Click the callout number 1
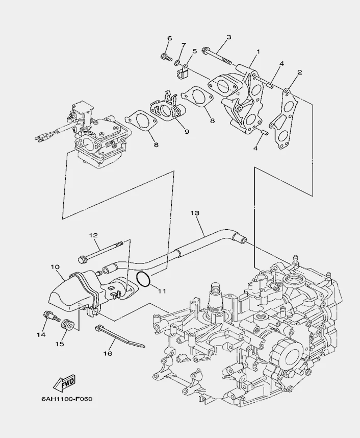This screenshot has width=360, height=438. pyautogui.click(x=258, y=52)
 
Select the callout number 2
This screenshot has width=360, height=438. pyautogui.click(x=300, y=72)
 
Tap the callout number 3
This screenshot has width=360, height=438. pyautogui.click(x=229, y=37)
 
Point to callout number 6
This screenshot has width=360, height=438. pyautogui.click(x=170, y=39)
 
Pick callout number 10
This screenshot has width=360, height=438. pyautogui.click(x=56, y=266)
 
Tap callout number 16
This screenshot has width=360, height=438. pyautogui.click(x=108, y=353)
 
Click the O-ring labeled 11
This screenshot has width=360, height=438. pyautogui.click(x=144, y=279)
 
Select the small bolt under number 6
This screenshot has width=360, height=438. pyautogui.click(x=166, y=57)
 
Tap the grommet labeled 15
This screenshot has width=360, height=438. pyautogui.click(x=65, y=325)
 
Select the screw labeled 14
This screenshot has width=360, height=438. pyautogui.click(x=49, y=317)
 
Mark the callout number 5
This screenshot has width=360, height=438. pyautogui.click(x=194, y=52)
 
